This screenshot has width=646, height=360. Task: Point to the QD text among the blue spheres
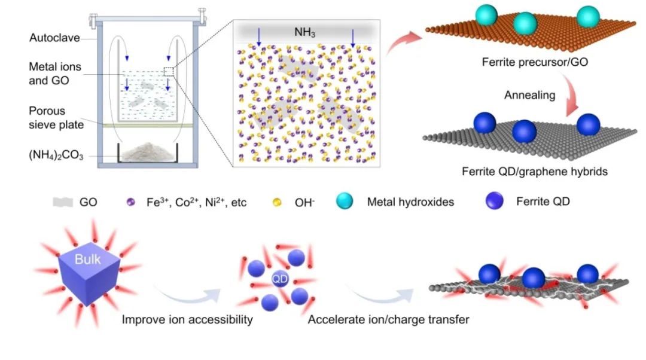(280, 278)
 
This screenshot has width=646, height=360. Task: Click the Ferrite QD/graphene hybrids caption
(534, 172)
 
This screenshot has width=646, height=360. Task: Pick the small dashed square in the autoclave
(169, 72)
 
